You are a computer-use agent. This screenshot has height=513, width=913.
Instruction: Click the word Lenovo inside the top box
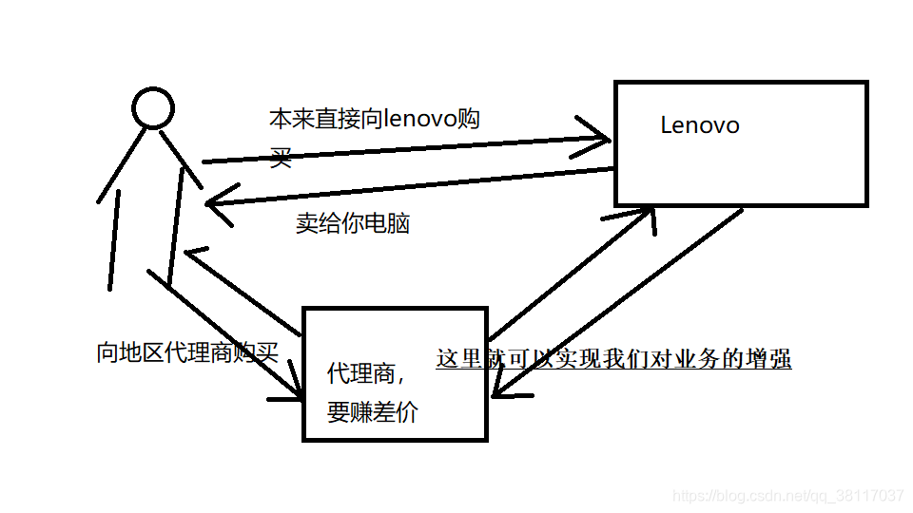699,125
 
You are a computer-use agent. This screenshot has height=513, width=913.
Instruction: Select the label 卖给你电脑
353,224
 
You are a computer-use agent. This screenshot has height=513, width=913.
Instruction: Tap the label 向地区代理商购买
187,353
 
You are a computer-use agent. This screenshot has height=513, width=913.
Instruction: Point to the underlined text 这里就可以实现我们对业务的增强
613,359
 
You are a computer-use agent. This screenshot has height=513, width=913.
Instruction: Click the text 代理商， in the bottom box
367,373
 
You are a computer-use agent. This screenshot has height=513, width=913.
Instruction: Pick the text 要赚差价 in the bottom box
372,413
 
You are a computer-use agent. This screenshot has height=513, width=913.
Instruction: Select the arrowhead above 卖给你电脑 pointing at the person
217,202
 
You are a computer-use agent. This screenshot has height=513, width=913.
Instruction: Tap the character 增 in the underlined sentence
757,359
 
